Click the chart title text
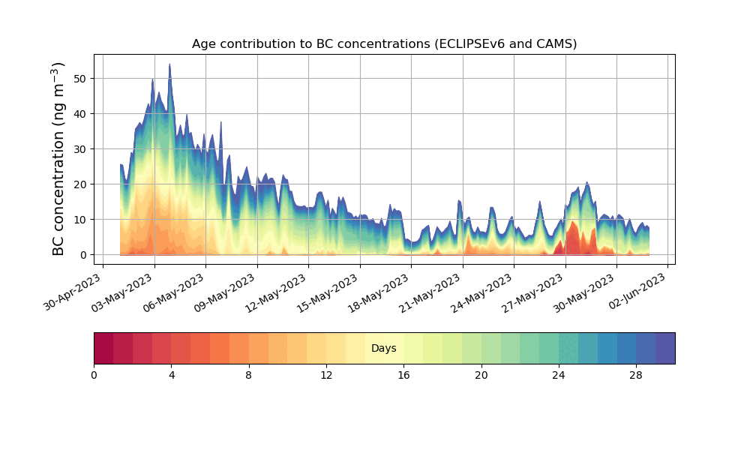point(384,43)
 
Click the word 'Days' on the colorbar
point(383,349)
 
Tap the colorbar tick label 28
point(636,375)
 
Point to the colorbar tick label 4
point(171,375)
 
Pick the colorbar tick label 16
point(403,375)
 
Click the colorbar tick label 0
point(94,375)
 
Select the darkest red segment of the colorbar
point(103,348)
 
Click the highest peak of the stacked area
point(169,65)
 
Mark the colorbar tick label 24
point(559,375)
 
